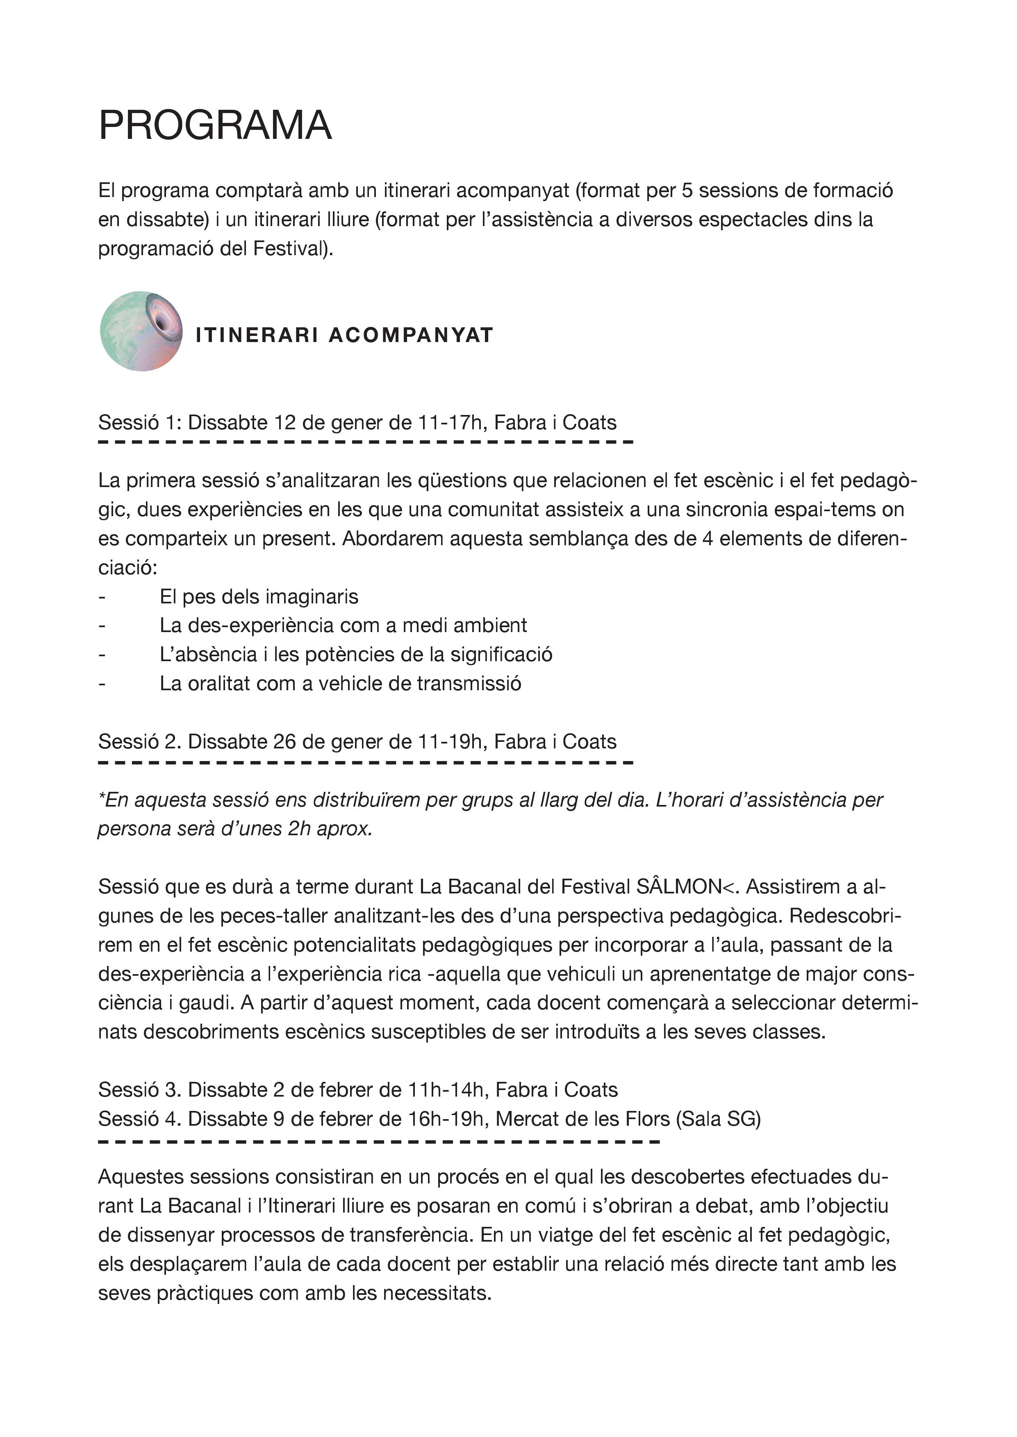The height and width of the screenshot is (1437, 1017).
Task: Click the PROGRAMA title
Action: click(x=215, y=125)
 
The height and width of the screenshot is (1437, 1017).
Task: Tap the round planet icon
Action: click(x=141, y=331)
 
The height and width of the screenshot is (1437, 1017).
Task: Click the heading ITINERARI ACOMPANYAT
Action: click(x=344, y=335)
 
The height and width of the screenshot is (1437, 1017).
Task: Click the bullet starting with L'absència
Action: click(x=356, y=654)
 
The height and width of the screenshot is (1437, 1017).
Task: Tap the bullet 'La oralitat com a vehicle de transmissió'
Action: click(x=340, y=683)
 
